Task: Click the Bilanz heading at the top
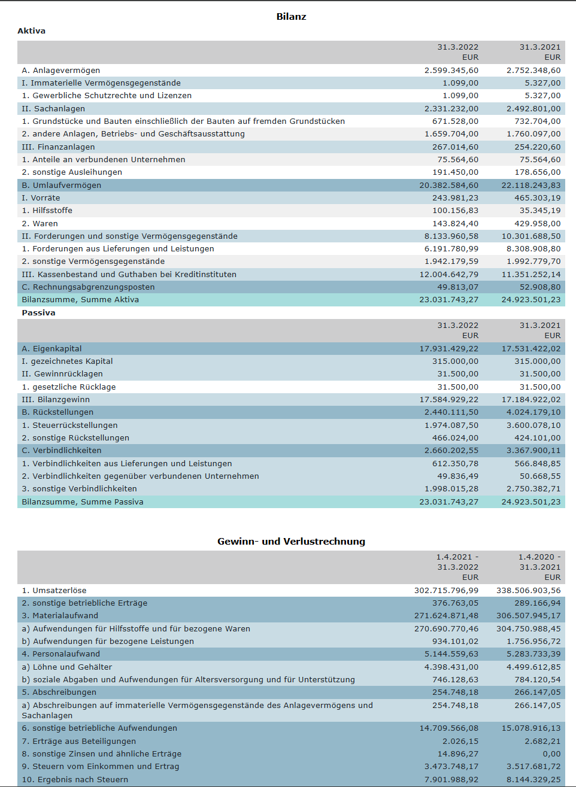[291, 17]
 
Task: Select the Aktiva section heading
[32, 31]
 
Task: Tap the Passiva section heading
[38, 313]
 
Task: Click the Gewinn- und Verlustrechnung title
[291, 542]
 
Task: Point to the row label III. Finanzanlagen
[58, 147]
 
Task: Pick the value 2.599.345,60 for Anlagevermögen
[451, 71]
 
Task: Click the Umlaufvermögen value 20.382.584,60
[449, 186]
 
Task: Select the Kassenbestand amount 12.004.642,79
[449, 275]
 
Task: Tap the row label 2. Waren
[40, 224]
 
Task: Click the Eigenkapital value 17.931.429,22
[449, 349]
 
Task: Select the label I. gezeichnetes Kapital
[67, 361]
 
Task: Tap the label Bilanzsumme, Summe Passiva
[83, 502]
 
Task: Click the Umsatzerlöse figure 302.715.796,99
[446, 591]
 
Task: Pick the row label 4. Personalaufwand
[61, 654]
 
